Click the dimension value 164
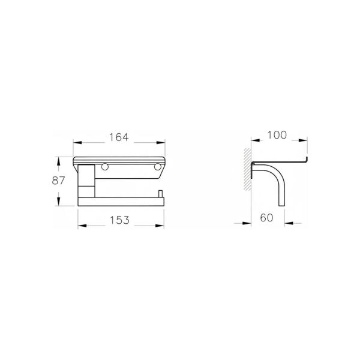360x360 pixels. click(119, 137)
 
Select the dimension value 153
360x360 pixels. click(119, 220)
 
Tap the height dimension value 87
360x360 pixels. click(58, 181)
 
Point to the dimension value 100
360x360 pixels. click(277, 135)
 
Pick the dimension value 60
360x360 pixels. click(266, 218)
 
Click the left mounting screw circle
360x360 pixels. click(105, 167)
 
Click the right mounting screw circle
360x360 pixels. click(158, 167)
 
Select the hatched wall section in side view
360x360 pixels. click(247, 169)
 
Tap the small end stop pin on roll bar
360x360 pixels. click(160, 194)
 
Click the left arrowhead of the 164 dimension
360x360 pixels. click(77, 143)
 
